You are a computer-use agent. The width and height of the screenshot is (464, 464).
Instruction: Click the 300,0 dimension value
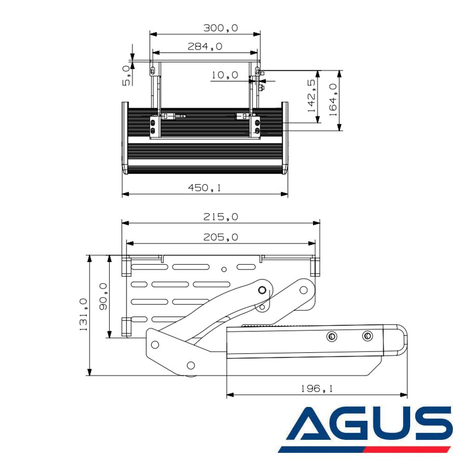pyautogui.click(x=221, y=28)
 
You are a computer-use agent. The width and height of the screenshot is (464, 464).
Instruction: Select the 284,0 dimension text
pyautogui.click(x=205, y=46)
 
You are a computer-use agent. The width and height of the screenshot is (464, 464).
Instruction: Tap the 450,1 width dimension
pyautogui.click(x=204, y=188)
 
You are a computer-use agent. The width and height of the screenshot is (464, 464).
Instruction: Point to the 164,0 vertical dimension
pyautogui.click(x=333, y=97)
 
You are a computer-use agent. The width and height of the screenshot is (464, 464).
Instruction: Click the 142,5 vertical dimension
pyautogui.click(x=312, y=97)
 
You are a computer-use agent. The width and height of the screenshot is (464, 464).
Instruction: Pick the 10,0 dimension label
pyautogui.click(x=225, y=75)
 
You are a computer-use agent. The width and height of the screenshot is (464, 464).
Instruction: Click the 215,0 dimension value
pyautogui.click(x=221, y=217)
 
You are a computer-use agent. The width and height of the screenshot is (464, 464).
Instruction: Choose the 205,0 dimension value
pyautogui.click(x=221, y=238)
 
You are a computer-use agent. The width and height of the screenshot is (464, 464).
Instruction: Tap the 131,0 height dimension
pyautogui.click(x=84, y=315)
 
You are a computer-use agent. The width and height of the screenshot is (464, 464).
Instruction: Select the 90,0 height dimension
pyautogui.click(x=103, y=297)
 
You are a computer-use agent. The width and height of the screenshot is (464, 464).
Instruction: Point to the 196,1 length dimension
pyautogui.click(x=316, y=389)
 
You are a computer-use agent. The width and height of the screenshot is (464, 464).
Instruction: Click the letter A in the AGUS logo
pyautogui.click(x=311, y=424)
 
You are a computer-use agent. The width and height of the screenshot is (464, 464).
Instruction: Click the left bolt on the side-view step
pyautogui.click(x=331, y=336)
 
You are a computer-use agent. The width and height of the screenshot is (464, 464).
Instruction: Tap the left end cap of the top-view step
pyautogui.click(x=125, y=138)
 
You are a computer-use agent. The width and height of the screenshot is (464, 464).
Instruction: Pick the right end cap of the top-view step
pyautogui.click(x=285, y=138)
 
